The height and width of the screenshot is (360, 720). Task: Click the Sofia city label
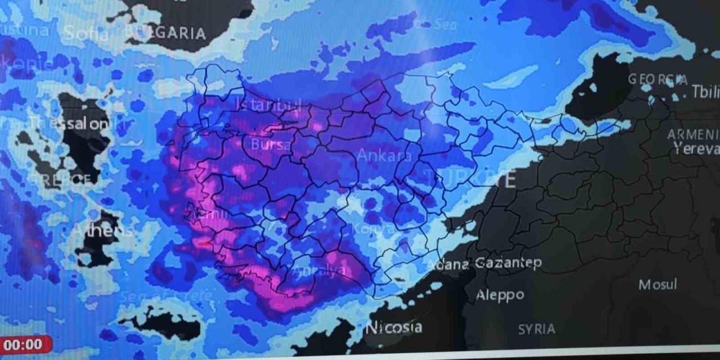coord(86,33)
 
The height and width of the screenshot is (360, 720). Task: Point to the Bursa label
coord(271,145)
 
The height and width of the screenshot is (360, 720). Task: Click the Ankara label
coord(384,156)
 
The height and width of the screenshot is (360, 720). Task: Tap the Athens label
coord(102,229)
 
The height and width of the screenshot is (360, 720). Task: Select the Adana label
coord(448,264)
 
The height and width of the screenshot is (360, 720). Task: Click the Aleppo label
coord(499,295)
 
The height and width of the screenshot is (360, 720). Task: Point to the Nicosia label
coord(394,327)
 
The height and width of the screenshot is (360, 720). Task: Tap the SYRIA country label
coord(536,329)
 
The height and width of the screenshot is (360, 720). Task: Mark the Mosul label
coord(658,285)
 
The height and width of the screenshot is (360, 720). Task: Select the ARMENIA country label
coord(693,135)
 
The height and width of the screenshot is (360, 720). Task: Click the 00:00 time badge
coord(23,344)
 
